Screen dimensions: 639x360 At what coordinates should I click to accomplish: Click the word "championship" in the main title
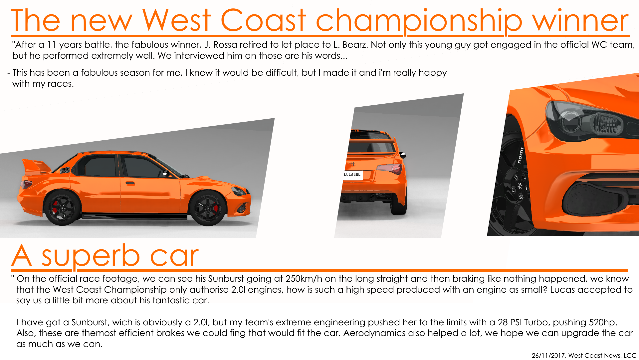point(419,21)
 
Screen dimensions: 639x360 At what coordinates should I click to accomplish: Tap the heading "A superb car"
point(105,256)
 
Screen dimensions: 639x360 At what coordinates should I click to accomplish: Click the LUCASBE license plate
point(352,175)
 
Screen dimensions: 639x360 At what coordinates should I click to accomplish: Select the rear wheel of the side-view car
point(63,208)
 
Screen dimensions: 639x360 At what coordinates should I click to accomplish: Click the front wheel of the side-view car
point(207,208)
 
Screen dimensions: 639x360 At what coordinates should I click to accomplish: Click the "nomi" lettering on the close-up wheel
point(521,156)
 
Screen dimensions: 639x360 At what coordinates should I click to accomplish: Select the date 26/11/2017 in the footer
point(548,355)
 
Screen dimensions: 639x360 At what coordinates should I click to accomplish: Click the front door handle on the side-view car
point(130,183)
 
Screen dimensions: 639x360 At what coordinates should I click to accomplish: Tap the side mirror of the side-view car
point(165,173)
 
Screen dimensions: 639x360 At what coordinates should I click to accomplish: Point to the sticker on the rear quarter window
point(65,171)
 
